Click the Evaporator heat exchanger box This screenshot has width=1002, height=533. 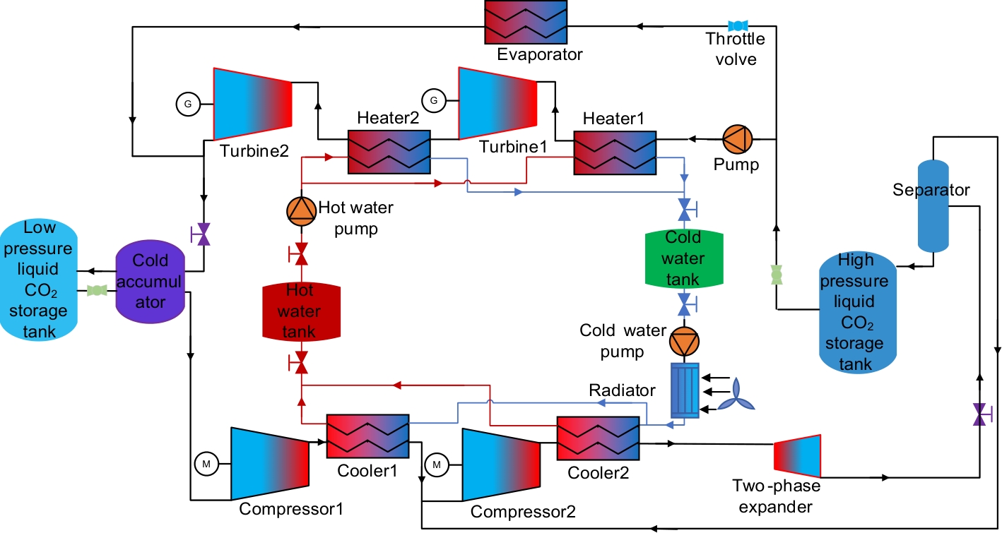526,22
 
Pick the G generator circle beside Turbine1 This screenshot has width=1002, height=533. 434,100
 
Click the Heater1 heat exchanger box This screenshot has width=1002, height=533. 614,151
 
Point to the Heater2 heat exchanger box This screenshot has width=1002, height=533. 389,151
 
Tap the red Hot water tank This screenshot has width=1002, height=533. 301,311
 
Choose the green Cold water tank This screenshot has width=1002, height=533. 683,258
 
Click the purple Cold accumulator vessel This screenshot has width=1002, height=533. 151,281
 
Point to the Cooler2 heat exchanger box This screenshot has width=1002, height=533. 598,438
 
